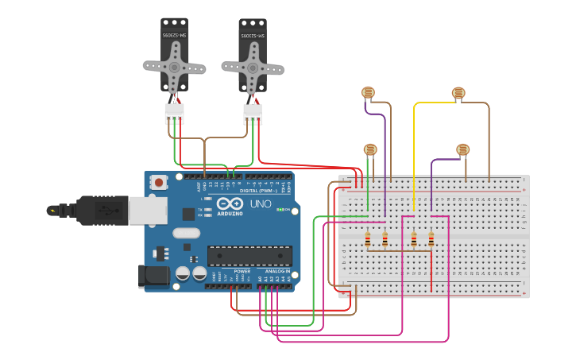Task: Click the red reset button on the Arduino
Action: tap(159, 182)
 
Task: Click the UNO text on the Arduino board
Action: tap(261, 204)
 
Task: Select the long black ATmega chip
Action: tap(249, 255)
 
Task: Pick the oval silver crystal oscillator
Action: tap(185, 234)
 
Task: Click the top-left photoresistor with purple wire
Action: tap(368, 93)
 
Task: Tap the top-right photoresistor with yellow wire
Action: tap(458, 93)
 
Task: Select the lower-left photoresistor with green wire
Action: tap(369, 149)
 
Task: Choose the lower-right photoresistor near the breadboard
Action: tap(463, 149)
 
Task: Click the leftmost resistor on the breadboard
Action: tap(368, 238)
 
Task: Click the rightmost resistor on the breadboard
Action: tap(431, 238)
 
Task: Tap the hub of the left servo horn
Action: tap(174, 67)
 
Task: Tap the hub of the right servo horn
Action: tap(253, 67)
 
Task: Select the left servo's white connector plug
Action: tap(174, 113)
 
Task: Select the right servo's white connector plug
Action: tap(253, 114)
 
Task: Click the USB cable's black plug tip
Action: tap(53, 211)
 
